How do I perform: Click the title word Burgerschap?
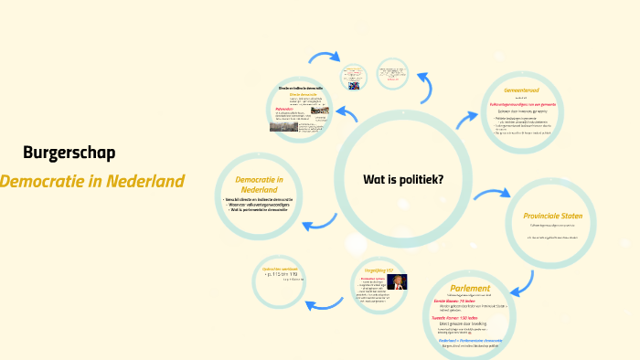[x=69, y=153]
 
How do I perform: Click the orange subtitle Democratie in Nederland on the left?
[x=91, y=181]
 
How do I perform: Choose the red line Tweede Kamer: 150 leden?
[x=461, y=317]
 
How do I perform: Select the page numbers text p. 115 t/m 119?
[x=283, y=273]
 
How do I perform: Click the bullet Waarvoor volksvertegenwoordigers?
[x=259, y=205]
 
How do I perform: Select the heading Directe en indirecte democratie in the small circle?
[x=301, y=88]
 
